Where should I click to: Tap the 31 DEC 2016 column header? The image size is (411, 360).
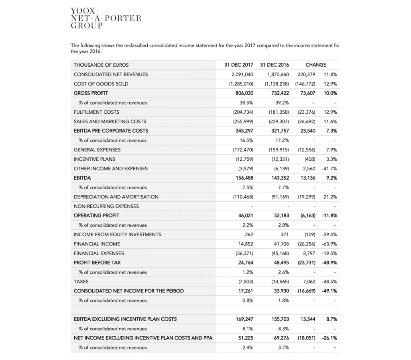[x=275, y=65]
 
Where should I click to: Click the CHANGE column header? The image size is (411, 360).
[x=316, y=65]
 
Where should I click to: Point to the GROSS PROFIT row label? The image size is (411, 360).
[x=91, y=93]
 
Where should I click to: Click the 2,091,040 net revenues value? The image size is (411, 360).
[x=242, y=74]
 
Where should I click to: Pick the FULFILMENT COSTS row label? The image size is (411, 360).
[x=96, y=112]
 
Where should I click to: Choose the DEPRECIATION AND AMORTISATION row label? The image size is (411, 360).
[x=116, y=197]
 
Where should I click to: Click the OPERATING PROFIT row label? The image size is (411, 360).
[x=96, y=215]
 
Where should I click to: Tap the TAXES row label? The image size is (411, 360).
[x=81, y=282]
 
